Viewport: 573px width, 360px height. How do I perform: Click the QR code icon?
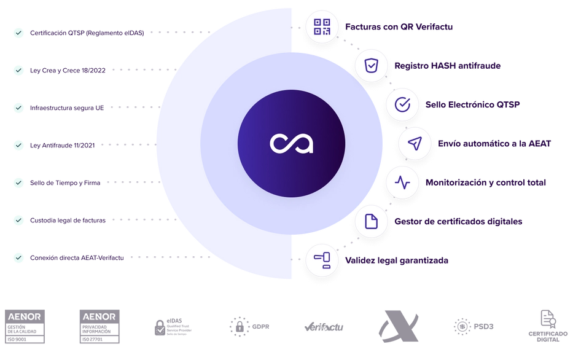click(x=322, y=26)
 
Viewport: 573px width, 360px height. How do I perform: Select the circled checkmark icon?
click(x=402, y=105)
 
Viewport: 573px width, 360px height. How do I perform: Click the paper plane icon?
click(x=415, y=144)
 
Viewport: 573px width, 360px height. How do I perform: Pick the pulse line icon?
click(x=402, y=182)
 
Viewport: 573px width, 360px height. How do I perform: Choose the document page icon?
click(x=371, y=221)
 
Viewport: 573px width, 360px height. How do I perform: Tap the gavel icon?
click(x=322, y=260)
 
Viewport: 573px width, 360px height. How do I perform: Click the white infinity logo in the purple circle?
click(x=291, y=144)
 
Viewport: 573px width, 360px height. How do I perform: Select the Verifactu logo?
click(x=324, y=326)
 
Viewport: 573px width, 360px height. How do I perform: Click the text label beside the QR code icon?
click(x=399, y=28)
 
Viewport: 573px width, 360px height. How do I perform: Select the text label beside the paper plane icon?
click(x=494, y=144)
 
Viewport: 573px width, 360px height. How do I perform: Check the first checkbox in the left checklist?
click(x=17, y=33)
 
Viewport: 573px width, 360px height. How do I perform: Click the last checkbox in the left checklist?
click(x=17, y=257)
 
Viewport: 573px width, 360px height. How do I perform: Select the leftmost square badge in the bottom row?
click(x=27, y=326)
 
